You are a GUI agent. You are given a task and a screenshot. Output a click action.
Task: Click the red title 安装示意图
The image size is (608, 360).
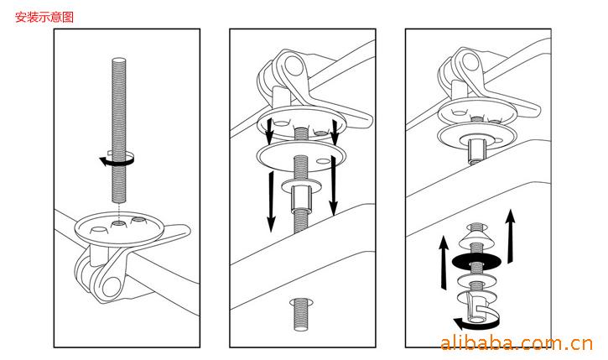44,17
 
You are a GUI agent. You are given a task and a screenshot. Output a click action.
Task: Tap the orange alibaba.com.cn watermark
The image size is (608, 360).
517,343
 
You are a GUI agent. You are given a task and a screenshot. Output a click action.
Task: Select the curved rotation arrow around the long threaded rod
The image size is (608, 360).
117,160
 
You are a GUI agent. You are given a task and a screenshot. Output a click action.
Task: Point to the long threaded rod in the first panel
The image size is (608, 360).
119,130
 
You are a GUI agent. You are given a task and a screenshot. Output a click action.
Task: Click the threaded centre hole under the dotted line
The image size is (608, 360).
118,224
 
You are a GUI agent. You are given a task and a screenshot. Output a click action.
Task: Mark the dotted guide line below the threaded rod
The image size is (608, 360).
119,212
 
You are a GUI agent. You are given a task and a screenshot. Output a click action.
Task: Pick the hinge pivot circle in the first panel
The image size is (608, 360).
112,286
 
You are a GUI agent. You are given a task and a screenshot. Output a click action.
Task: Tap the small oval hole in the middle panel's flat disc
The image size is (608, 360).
321,160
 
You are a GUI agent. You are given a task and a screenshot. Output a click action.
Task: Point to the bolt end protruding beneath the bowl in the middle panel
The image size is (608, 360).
300,314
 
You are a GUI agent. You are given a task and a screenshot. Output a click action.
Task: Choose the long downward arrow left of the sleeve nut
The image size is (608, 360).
271,201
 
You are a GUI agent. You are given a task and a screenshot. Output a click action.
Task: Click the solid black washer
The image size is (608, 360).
476,260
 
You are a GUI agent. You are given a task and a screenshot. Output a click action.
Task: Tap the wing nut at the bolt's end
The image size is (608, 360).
477,306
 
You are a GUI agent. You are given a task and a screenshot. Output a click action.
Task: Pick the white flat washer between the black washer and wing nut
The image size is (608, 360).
476,279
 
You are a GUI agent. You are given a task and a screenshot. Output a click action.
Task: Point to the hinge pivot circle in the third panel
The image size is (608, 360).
470,62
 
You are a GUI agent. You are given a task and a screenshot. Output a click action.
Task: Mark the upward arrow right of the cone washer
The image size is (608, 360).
511,237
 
